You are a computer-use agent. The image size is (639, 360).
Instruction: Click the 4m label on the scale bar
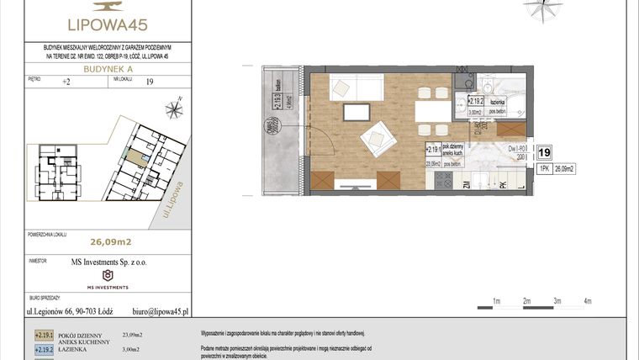[x=588, y=300]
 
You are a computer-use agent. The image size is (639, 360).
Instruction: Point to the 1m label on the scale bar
[x=497, y=300]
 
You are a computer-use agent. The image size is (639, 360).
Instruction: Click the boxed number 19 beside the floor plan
[x=544, y=152]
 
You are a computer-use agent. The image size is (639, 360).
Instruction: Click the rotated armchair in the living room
[x=376, y=135]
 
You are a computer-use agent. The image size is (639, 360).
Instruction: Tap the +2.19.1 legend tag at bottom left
[x=44, y=335]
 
